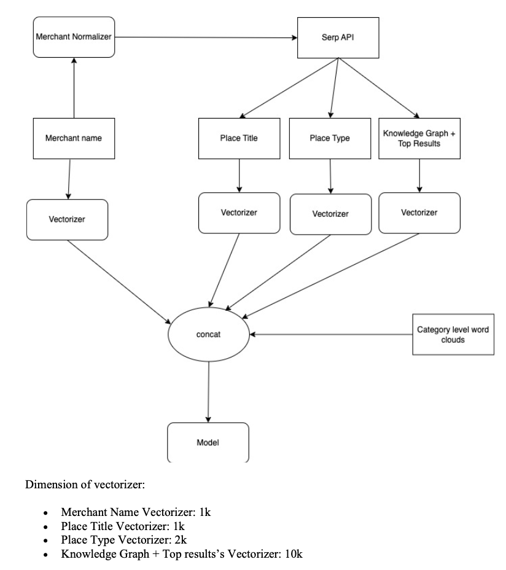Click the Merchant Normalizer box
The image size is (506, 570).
[x=74, y=37]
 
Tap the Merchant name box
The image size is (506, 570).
[x=73, y=138]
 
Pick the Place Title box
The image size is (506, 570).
[x=238, y=138]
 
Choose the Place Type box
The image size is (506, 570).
[x=330, y=138]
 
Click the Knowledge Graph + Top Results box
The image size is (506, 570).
[x=419, y=138]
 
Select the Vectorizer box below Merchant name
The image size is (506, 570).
[x=68, y=219]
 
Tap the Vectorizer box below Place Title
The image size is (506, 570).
[x=238, y=213]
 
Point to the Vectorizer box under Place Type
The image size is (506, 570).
[x=330, y=214]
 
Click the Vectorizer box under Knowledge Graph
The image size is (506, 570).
[x=419, y=213]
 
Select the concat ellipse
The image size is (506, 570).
[x=208, y=335]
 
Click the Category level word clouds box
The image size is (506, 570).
[x=453, y=335]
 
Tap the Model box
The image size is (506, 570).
[x=208, y=442]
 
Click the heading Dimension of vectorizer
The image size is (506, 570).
[x=85, y=485]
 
